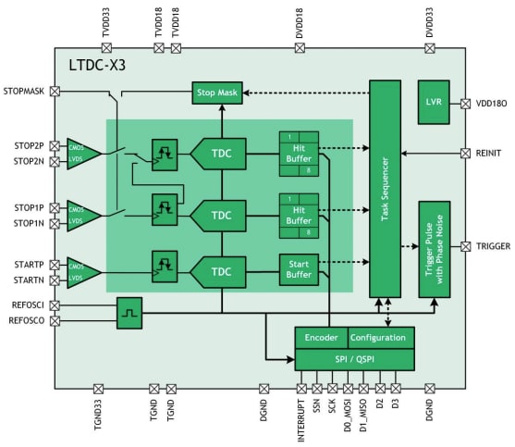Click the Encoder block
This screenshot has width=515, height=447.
[x=321, y=338]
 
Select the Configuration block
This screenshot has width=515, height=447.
[x=380, y=338]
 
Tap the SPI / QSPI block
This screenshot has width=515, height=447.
[x=354, y=358]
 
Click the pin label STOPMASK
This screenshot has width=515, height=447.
[x=24, y=92]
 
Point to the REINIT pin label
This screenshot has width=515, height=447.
[x=491, y=153]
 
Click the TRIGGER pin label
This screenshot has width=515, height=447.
[x=493, y=246]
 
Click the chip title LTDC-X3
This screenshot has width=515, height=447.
[x=99, y=66]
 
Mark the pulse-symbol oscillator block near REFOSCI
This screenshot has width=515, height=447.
[x=129, y=313]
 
